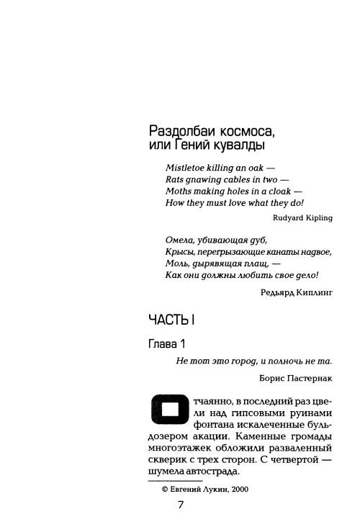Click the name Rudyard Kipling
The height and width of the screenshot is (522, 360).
click(x=303, y=217)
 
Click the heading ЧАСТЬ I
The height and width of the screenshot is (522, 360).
click(x=171, y=320)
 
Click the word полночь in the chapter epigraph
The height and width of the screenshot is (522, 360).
click(x=288, y=364)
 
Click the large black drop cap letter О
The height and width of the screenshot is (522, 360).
click(x=165, y=410)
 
